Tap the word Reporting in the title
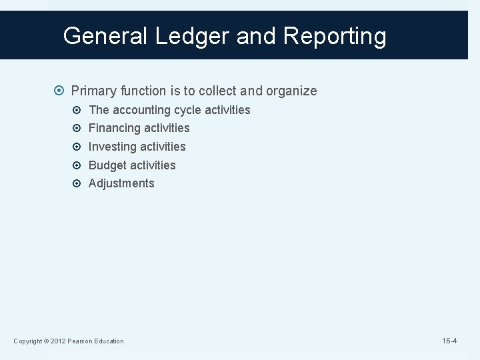[335, 36]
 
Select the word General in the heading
[107, 36]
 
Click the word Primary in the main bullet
[95, 91]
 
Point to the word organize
[291, 91]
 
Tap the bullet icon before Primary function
[61, 91]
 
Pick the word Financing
[115, 128]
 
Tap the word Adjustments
[121, 183]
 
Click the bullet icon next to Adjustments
[77, 183]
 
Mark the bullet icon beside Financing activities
[77, 128]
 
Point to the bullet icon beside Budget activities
[77, 165]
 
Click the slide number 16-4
[449, 341]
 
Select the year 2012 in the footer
[58, 341]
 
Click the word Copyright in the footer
[28, 341]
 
